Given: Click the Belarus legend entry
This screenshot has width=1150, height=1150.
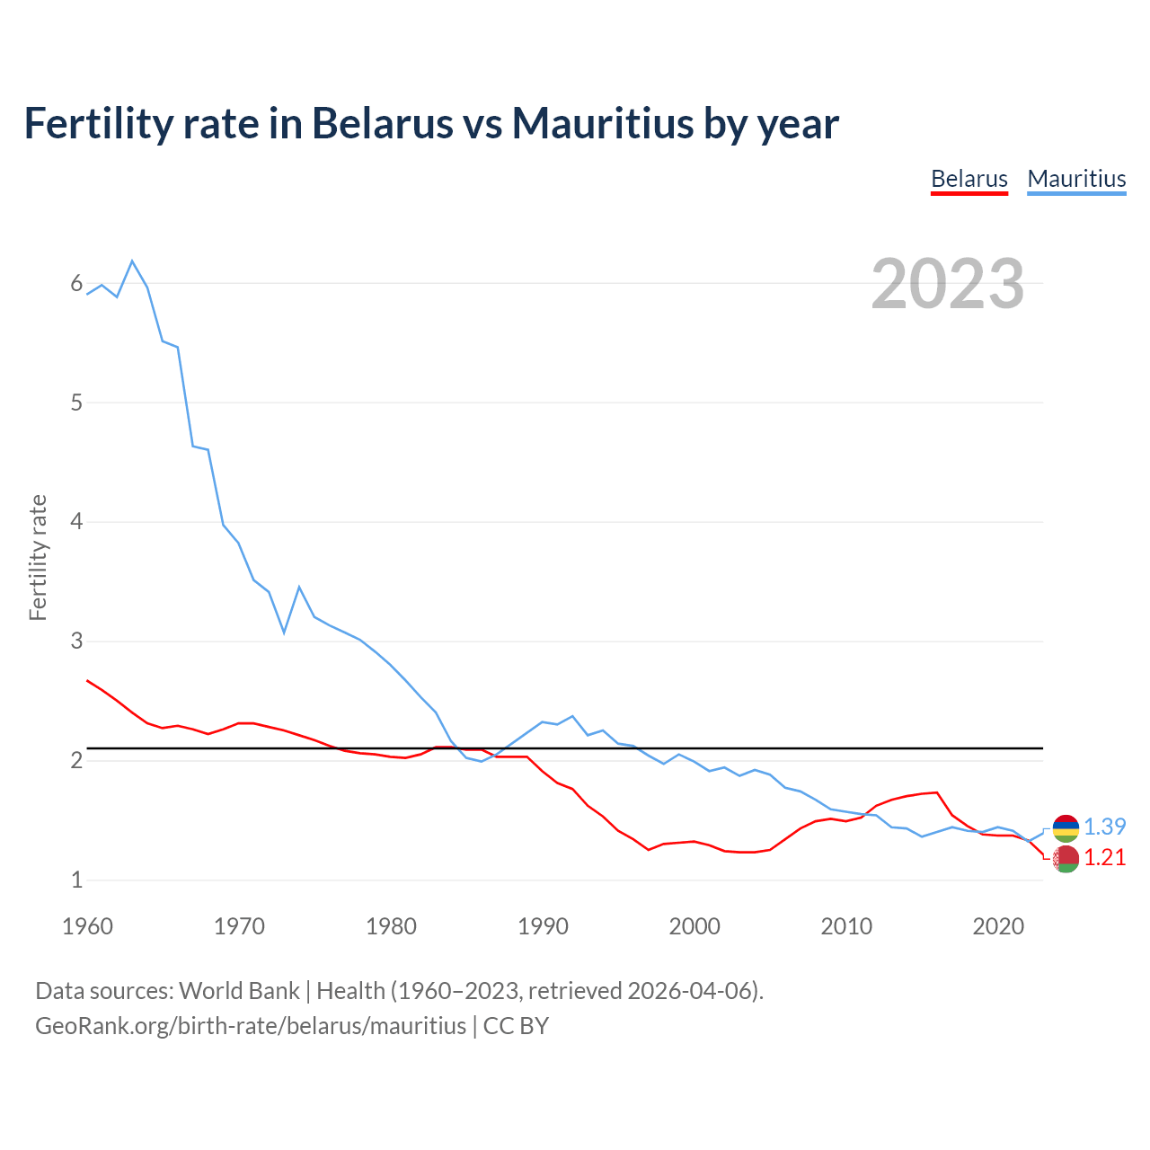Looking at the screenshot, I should pos(969,179).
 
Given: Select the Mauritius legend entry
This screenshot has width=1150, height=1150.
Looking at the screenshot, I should pos(1076,179).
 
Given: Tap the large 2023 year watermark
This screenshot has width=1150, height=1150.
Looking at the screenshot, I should pos(948,284).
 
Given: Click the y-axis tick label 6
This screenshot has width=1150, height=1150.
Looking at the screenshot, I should pos(76,284).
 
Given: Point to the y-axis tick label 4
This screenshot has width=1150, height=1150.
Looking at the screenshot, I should pos(76,521).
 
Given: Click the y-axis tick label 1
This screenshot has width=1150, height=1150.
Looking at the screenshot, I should pos(76,880).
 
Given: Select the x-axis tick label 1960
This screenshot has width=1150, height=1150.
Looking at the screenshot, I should pos(87,926).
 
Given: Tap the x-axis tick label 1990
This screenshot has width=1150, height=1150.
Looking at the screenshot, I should pos(543,926).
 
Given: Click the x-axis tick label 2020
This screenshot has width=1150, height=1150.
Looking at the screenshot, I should pos(998,926).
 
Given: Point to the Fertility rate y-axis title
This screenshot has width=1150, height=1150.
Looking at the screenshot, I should pos(38,557).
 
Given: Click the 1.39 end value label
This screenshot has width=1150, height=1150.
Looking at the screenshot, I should pos(1104,827).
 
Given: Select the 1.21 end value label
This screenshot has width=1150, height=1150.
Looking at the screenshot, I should pos(1104,858).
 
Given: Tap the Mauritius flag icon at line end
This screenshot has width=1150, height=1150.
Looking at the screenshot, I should pos(1066,827).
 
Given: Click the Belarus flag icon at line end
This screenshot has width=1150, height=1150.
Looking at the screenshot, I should pos(1066,859).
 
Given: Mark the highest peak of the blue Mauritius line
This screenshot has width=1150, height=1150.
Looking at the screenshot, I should pos(132,261).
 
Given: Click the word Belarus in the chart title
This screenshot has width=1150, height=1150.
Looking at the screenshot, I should pos(383,123).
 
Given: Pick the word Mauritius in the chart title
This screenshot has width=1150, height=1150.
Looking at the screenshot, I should pos(602,123).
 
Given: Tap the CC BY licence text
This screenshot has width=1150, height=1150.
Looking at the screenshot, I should pos(516,1026).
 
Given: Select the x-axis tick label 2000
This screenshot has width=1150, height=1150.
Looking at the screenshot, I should pos(694,926).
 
